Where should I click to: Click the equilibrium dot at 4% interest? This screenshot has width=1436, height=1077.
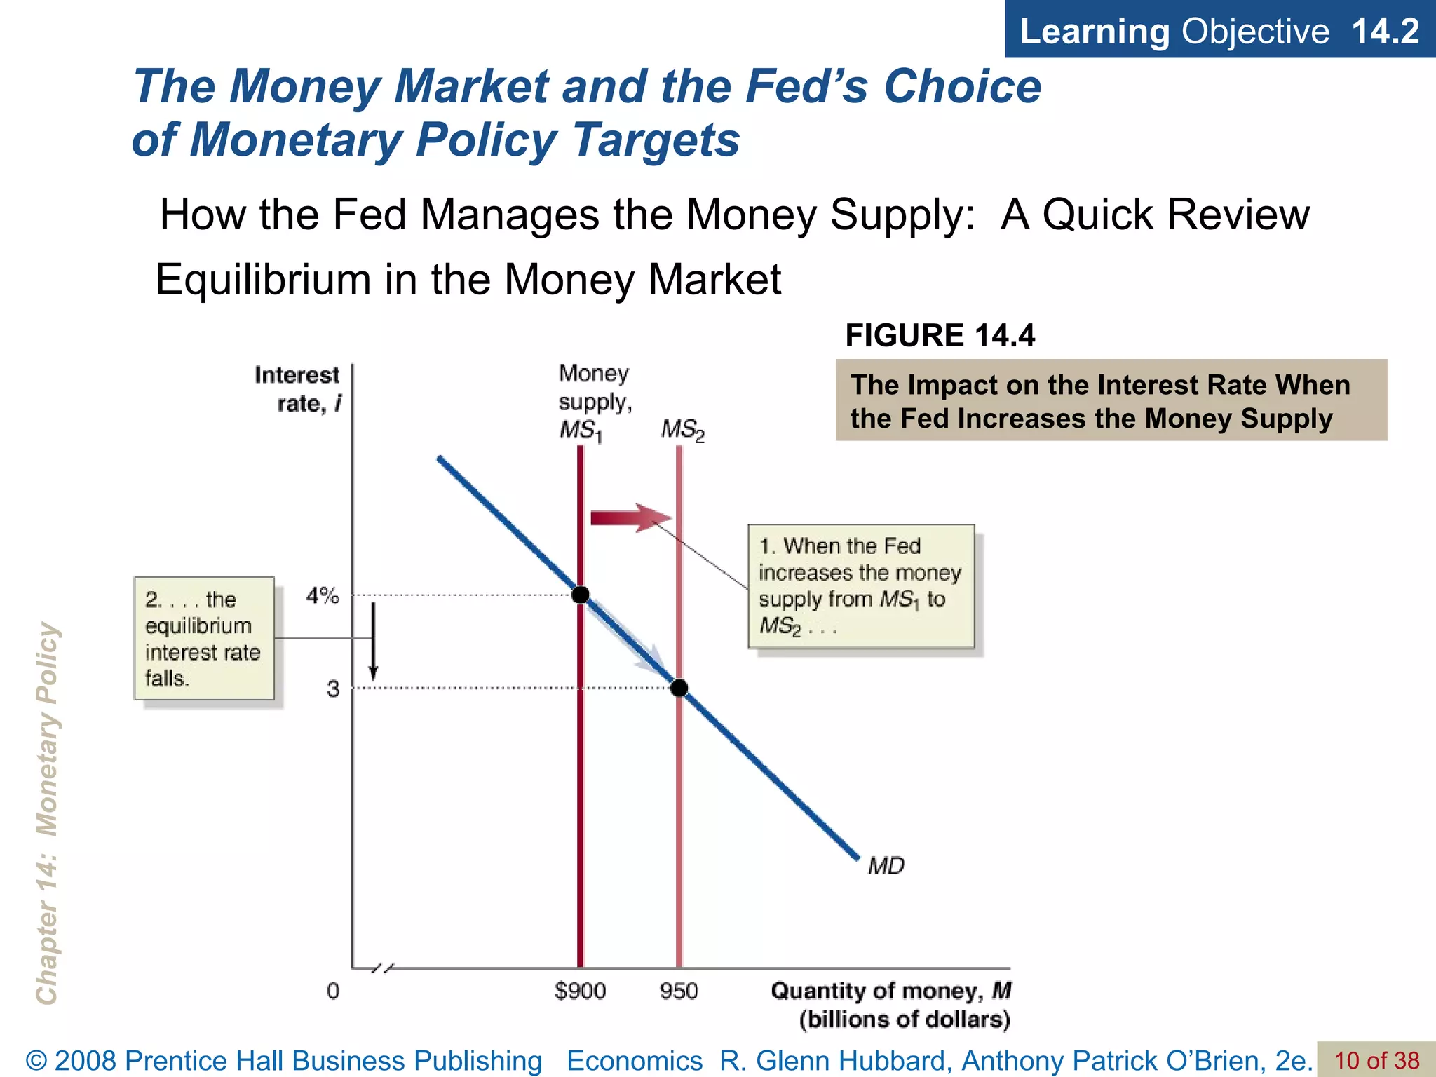581,595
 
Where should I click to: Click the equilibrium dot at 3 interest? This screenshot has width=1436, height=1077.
679,688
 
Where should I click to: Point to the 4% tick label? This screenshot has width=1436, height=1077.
323,596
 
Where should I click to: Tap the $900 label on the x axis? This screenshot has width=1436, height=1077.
580,991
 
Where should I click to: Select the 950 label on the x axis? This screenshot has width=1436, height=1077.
679,991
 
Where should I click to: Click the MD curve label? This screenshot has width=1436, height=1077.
886,867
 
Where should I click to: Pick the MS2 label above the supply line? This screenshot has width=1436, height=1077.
682,430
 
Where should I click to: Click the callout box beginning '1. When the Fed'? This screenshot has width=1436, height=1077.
861,585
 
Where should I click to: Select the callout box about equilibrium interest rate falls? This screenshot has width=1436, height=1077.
203,638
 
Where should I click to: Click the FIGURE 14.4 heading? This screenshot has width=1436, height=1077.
940,336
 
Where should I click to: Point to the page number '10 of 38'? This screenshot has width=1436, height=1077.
1376,1060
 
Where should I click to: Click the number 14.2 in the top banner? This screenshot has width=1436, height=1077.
1385,31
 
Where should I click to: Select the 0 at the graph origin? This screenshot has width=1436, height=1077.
333,991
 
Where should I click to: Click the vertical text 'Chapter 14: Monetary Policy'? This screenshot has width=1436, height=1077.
47,813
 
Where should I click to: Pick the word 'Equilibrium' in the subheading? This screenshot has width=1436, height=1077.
263,279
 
